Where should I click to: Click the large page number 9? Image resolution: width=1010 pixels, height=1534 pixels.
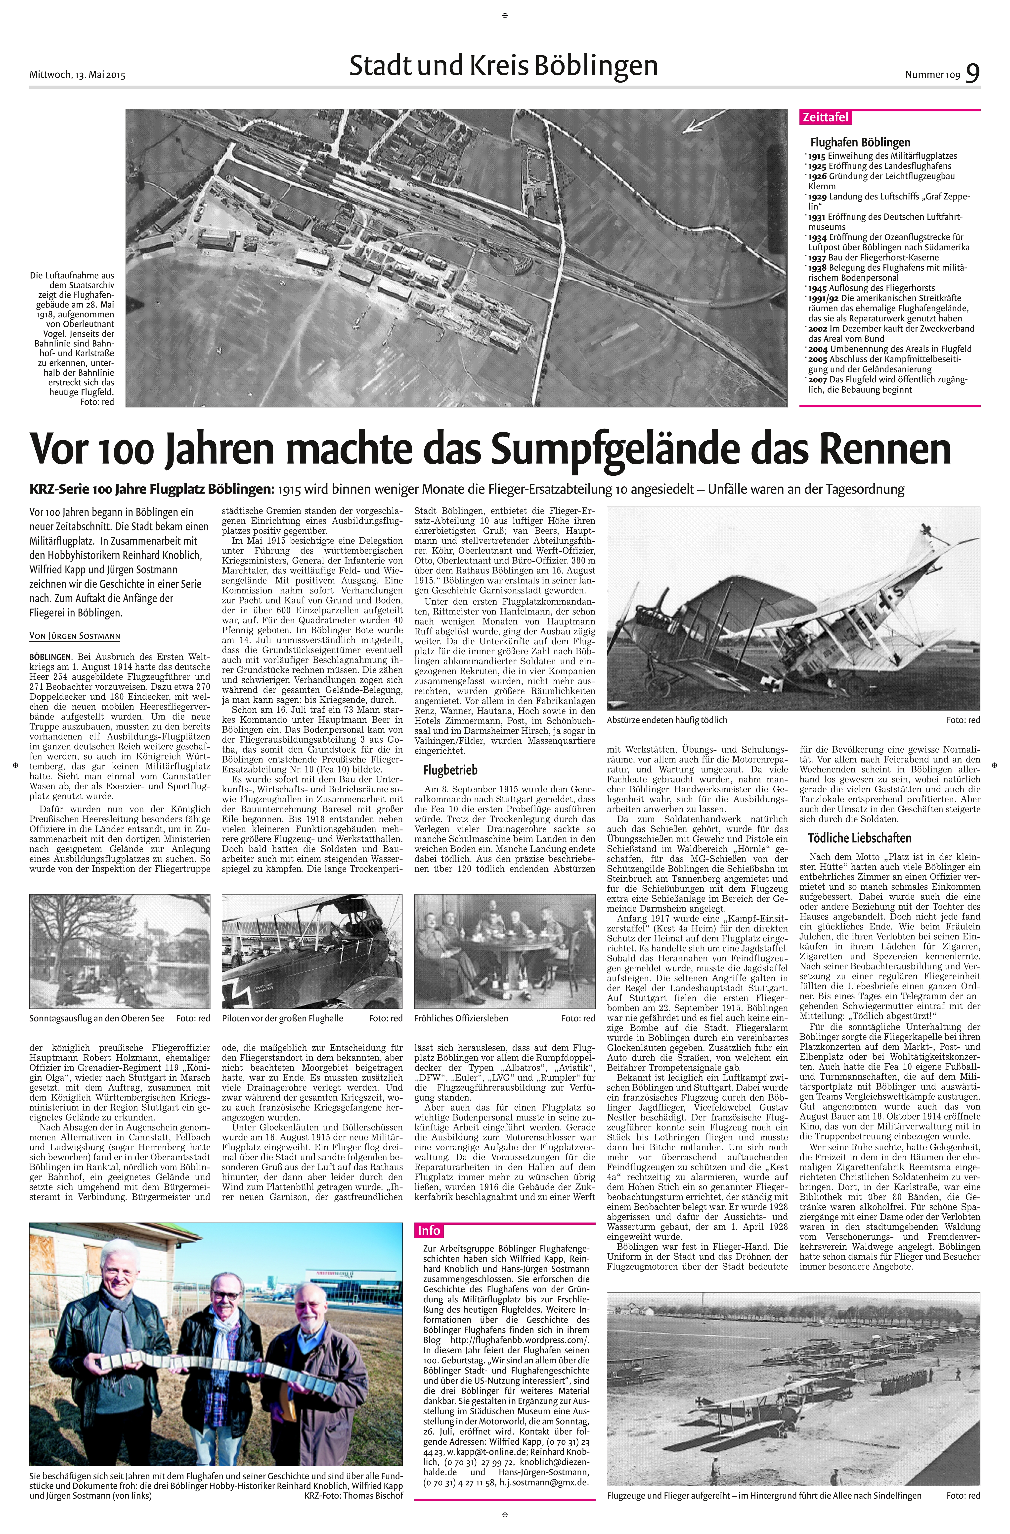click(973, 72)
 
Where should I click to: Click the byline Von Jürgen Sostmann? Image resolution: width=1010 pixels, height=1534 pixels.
click(75, 636)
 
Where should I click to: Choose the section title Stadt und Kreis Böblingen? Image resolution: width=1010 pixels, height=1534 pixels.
click(504, 66)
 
